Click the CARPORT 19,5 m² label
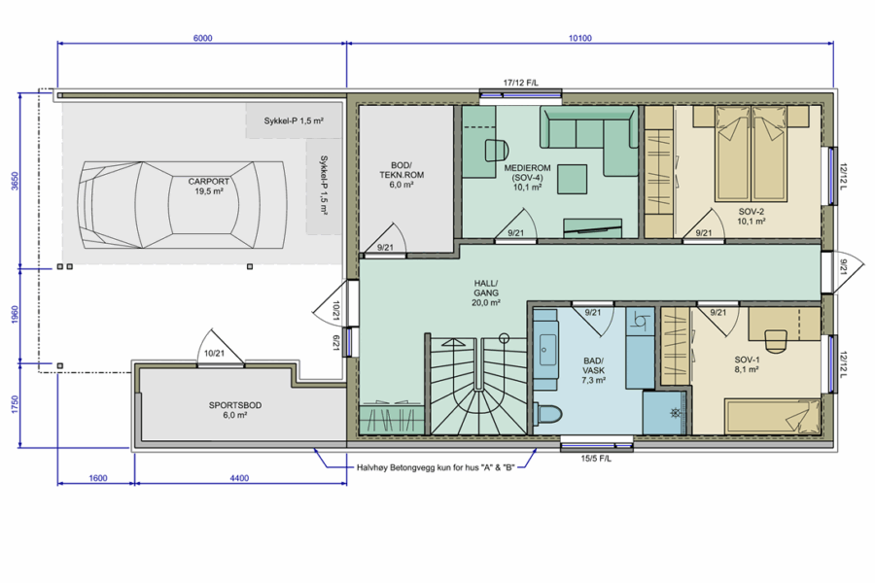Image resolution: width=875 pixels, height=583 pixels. click(x=209, y=187)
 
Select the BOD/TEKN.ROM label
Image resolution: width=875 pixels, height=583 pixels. click(x=402, y=175)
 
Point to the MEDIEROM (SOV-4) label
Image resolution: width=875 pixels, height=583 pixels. click(x=527, y=178)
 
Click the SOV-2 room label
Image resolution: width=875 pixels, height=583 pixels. click(x=752, y=217)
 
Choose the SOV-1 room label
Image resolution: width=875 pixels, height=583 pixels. click(x=747, y=365)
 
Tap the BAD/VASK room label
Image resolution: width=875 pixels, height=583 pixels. click(x=594, y=370)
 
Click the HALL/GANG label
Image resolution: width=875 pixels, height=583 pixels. click(x=486, y=292)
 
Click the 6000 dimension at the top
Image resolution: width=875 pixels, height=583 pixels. click(x=202, y=38)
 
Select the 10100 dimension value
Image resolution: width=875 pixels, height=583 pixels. click(x=580, y=38)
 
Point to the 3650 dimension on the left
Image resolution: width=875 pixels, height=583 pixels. click(x=15, y=181)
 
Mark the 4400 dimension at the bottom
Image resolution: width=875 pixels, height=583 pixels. click(x=239, y=478)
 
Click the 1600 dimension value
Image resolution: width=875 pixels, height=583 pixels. click(x=97, y=478)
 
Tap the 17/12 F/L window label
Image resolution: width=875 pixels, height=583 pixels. click(x=521, y=84)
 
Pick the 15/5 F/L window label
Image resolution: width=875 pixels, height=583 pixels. click(x=596, y=459)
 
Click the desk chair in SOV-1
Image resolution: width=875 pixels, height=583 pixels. click(x=775, y=341)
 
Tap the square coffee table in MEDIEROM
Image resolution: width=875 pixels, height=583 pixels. click(x=573, y=179)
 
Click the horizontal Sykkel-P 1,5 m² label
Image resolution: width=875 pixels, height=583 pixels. click(x=294, y=120)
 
